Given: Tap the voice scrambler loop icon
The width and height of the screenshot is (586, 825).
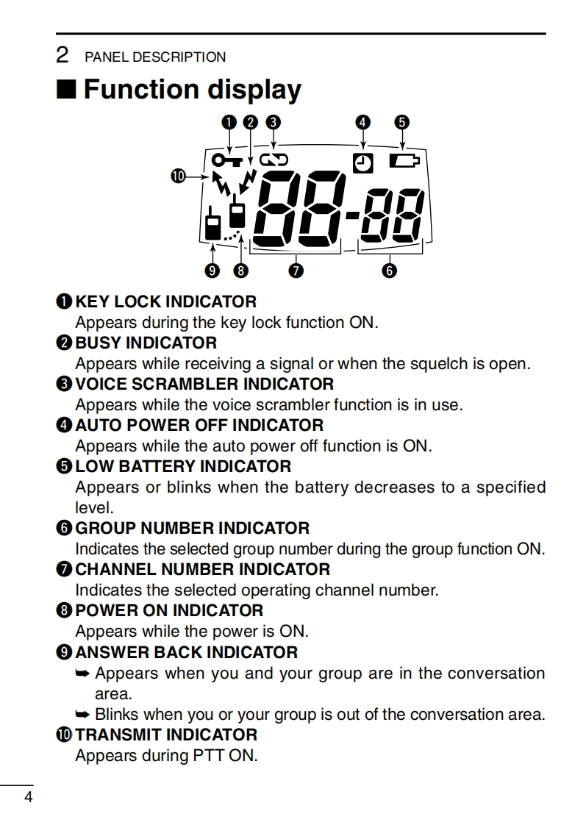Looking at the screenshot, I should click(x=274, y=158).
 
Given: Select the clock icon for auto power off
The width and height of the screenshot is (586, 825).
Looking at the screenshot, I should click(x=362, y=164).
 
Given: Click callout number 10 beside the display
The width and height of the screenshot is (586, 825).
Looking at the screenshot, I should click(x=178, y=175).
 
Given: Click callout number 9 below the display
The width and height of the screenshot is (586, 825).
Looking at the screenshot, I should click(x=212, y=271).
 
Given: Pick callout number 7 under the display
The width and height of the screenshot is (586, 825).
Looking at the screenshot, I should click(x=296, y=271).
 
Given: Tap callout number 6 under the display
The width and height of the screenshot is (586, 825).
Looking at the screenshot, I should click(x=390, y=271).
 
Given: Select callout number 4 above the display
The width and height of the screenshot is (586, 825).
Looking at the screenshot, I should click(x=362, y=122).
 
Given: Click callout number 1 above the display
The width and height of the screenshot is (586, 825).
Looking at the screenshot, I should click(x=229, y=122).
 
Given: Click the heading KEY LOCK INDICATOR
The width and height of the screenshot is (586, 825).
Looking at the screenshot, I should click(x=165, y=301).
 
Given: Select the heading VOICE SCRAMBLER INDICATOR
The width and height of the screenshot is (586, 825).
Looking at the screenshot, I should click(x=204, y=384).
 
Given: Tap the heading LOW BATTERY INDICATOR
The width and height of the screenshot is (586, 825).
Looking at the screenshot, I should click(x=183, y=466).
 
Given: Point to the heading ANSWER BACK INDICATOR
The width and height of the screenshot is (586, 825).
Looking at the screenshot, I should click(x=187, y=652).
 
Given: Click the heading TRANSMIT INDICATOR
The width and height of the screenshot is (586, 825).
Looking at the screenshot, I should click(x=166, y=735).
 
